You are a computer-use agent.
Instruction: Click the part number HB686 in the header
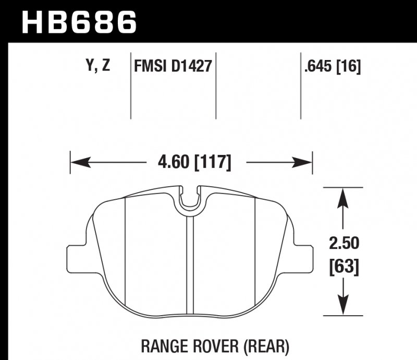pyautogui.click(x=78, y=21)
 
